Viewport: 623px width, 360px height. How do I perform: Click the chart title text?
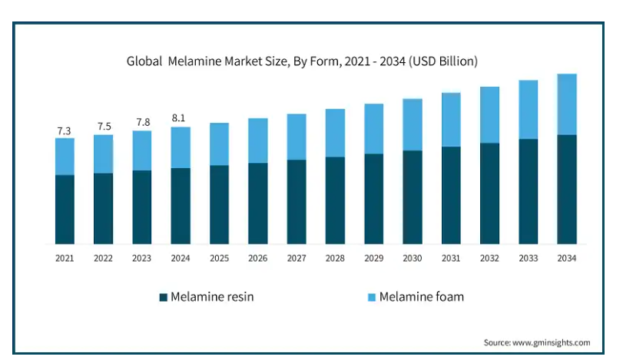tap(303, 61)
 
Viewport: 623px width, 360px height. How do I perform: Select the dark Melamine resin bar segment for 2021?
tap(65, 209)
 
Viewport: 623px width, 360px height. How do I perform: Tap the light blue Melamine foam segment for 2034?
tap(567, 104)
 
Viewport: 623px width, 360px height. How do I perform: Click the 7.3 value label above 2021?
tap(65, 131)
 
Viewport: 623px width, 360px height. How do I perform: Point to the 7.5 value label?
tap(103, 127)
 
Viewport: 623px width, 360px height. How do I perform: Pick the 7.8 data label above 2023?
tap(141, 123)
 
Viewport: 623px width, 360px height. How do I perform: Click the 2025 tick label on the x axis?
tap(219, 259)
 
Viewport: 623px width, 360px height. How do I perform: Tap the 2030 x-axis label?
tap(413, 259)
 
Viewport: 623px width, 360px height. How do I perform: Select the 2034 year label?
tap(567, 259)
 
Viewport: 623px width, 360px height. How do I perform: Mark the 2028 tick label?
tap(335, 259)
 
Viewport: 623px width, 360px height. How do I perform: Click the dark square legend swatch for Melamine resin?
tap(163, 296)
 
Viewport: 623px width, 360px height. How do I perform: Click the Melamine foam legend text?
tap(421, 296)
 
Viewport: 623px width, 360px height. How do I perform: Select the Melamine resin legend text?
tap(212, 296)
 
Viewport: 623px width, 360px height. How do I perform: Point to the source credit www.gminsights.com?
tap(537, 342)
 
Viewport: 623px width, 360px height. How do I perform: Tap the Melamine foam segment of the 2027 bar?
tap(297, 137)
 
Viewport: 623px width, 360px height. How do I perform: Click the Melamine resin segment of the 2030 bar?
tap(413, 197)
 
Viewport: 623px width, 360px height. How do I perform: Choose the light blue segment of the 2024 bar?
tap(180, 147)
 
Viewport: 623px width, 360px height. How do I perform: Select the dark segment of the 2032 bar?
tap(489, 193)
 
